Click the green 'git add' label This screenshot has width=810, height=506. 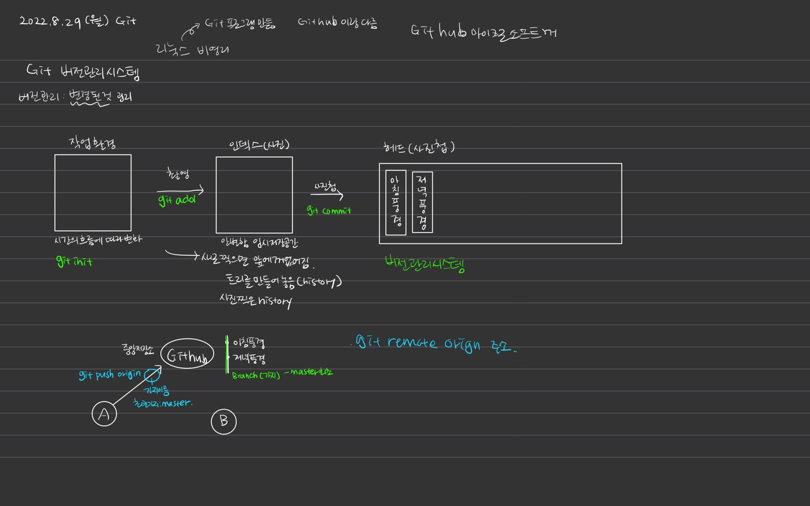177,200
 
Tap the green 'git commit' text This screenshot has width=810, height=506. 329,211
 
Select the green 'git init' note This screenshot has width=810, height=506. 74,261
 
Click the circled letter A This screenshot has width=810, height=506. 104,414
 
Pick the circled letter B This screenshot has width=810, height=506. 224,422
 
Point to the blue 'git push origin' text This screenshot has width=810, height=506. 110,375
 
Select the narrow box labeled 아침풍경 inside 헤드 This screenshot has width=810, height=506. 396,202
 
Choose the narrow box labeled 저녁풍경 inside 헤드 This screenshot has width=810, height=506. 422,202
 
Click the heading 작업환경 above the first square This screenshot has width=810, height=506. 93,143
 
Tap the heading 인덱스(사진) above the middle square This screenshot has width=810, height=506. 259,145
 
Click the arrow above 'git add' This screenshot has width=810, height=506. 180,191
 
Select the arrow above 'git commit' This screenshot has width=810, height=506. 327,195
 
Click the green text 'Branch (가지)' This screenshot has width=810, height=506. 256,376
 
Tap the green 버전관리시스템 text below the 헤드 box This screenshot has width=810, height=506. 425,263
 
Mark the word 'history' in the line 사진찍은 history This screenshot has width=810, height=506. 275,302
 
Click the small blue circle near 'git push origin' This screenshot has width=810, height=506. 151,375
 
